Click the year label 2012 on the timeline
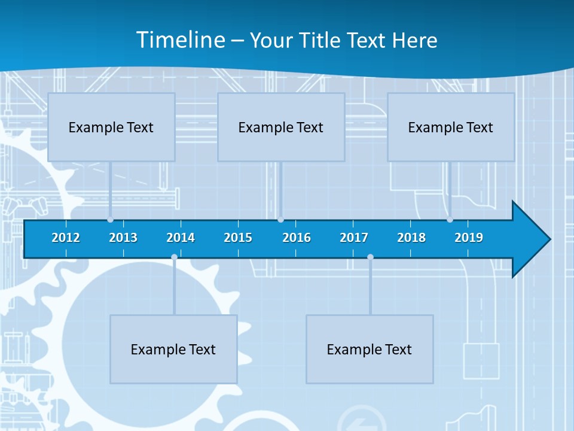pos(66,238)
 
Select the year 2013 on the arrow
pos(123,238)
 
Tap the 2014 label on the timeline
pos(181,238)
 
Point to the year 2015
pos(238,238)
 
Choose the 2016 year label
pos(297,238)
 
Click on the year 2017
pos(354,238)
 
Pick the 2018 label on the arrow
pos(411,238)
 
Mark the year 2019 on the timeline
pos(469,238)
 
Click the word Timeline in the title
pos(181,40)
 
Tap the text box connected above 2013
pos(111,127)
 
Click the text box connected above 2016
pos(281,127)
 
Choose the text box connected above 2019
pos(451,127)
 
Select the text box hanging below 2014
pos(173,349)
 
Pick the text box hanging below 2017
pos(370,349)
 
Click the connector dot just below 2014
pos(174,257)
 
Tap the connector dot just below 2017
pos(370,257)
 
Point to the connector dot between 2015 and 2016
pos(280,220)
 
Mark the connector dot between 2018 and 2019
pos(450,220)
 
